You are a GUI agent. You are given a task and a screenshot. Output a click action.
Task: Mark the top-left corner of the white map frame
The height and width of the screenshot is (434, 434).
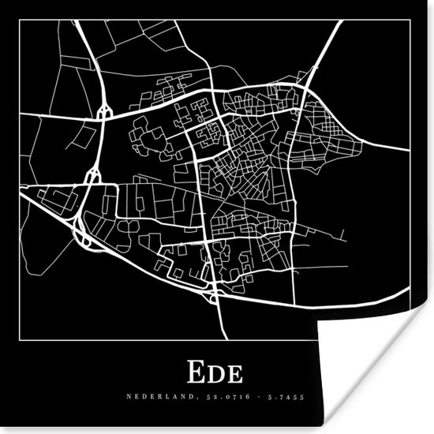pos(20,20)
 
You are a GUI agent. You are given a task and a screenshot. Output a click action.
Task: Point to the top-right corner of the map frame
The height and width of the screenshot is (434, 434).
pos(410,20)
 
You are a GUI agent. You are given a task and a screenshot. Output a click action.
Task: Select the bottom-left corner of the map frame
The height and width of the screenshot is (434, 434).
pos(20,340)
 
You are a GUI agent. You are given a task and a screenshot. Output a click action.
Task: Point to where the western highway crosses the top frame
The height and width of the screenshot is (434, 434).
pos(79,20)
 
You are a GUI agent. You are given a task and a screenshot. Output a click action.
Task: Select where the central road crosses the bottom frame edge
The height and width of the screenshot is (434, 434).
pos(226,340)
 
